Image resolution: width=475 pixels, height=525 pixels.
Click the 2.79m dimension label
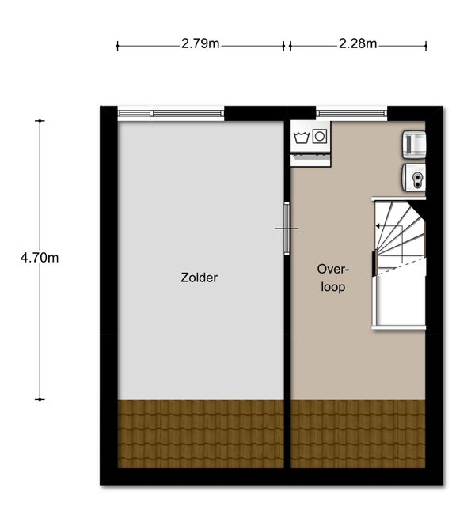[x=200, y=43]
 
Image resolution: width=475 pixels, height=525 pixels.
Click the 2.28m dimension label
[x=358, y=43]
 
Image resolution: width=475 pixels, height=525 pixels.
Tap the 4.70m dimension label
[x=40, y=258]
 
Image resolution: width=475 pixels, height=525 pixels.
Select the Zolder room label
[x=199, y=278]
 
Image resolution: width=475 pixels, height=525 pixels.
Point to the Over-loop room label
[x=332, y=278]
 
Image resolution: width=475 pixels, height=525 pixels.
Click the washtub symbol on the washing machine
[x=301, y=138]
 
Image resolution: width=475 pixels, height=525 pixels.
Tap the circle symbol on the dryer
[x=320, y=136]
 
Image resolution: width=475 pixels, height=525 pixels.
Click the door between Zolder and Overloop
[x=287, y=229]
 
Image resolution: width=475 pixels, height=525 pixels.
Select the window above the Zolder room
[x=171, y=114]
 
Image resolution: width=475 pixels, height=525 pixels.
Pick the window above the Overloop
[x=351, y=114]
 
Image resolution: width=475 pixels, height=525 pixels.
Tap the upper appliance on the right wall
[x=414, y=145]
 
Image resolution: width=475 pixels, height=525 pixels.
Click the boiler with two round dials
[x=414, y=178]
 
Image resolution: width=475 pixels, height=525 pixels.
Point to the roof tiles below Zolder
[x=201, y=434]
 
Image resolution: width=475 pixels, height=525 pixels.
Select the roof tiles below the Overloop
[x=358, y=434]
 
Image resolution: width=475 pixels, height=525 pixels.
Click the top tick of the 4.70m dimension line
[x=40, y=121]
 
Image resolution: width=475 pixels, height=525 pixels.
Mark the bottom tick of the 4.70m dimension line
[x=40, y=399]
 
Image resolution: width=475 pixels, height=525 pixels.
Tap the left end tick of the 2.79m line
[x=117, y=46]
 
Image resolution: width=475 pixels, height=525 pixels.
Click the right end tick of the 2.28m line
[x=426, y=46]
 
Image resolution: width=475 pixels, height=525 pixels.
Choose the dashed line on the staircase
[x=401, y=267]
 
